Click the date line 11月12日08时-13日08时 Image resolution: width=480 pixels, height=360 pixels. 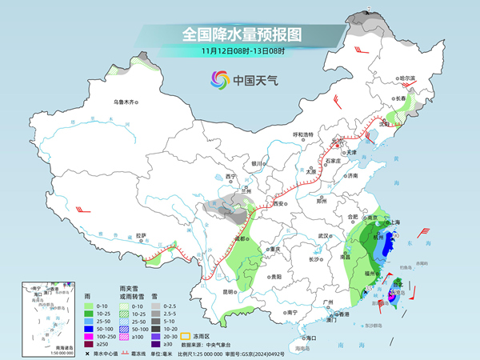241,50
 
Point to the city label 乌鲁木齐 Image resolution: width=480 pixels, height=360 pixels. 126,102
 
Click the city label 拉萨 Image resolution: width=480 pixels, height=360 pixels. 141,235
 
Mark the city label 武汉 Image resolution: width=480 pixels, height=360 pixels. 323,236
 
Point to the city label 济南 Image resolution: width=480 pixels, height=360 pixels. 352,175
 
